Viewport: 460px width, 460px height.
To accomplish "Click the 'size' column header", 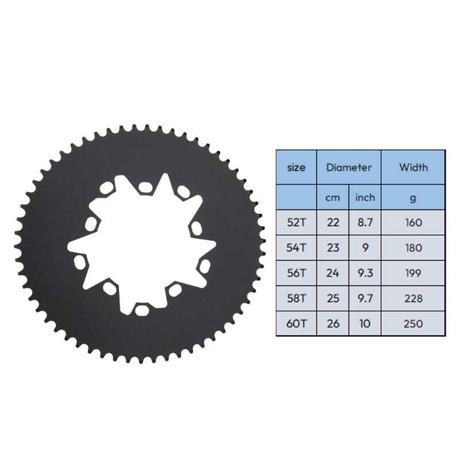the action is tap(296, 167).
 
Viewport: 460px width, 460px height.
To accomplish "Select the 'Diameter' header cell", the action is tap(349, 167).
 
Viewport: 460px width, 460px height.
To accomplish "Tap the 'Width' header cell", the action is tap(413, 167).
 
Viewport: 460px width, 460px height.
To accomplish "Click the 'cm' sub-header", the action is tap(333, 197).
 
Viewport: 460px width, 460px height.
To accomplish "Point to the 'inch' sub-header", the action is tap(365, 197).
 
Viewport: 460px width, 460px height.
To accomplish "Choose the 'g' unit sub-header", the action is tap(413, 197).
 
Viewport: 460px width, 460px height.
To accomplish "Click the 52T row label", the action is tap(296, 223).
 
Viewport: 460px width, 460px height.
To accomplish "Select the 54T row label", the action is tap(296, 248).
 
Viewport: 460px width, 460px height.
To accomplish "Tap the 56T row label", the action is tap(296, 273).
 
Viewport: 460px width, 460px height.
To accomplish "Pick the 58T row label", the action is tap(296, 298).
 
